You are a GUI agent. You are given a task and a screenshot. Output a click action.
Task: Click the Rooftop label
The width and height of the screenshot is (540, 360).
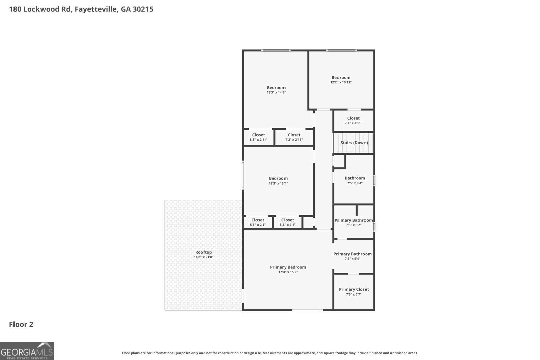pos(204,252)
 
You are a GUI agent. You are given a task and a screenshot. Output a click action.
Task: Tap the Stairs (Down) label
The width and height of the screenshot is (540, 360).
pos(354,143)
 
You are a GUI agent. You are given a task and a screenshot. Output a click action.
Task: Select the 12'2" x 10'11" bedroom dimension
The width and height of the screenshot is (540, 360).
pos(341,82)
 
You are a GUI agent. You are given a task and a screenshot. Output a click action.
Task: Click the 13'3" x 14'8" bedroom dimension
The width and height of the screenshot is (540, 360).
pos(276,92)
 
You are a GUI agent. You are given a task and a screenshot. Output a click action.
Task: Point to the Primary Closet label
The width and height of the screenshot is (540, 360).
pos(354,289)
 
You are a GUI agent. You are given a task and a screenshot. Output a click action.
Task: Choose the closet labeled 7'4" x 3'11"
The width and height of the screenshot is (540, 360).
pos(353,120)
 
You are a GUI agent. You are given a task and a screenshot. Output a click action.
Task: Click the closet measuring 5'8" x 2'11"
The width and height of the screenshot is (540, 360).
pos(259,137)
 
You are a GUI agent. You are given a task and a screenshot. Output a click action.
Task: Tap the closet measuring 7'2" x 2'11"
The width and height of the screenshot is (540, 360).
pos(294,137)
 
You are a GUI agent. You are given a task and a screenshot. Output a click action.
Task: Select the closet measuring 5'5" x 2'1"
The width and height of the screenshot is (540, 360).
pos(258,222)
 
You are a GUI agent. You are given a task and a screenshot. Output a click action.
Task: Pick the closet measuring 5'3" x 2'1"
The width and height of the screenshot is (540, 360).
pos(288,222)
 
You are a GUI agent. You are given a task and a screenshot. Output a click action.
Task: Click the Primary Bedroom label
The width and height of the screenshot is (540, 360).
pos(288,267)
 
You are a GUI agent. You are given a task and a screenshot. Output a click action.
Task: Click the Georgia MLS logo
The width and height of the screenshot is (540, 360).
pos(27,351)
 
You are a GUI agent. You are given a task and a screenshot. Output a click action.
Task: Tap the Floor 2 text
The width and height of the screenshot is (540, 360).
pos(21,324)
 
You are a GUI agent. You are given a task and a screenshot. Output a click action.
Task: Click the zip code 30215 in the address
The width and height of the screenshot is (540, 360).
pos(143,9)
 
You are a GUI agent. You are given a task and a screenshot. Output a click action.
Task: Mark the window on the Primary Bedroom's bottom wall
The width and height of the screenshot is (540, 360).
pos(307,310)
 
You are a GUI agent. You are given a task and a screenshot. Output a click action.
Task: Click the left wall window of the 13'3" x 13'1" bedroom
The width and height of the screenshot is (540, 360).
pos(243,175)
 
